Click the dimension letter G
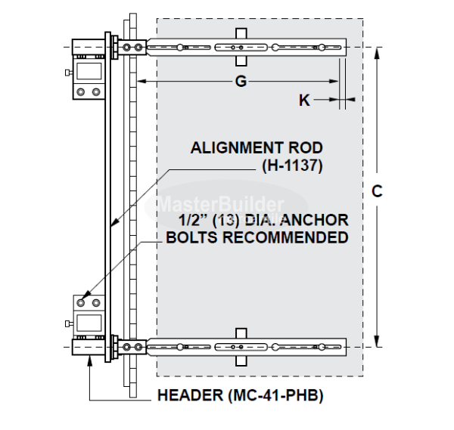point(241,82)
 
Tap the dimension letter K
point(304,100)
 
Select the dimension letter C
point(376,192)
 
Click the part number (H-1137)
point(291,166)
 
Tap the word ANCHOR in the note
point(316,221)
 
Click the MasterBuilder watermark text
point(221,203)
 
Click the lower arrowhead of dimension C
point(379,342)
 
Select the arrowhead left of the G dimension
point(141,81)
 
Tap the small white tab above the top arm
point(240,33)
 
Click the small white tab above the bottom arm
point(240,333)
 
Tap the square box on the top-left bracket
point(87,72)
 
